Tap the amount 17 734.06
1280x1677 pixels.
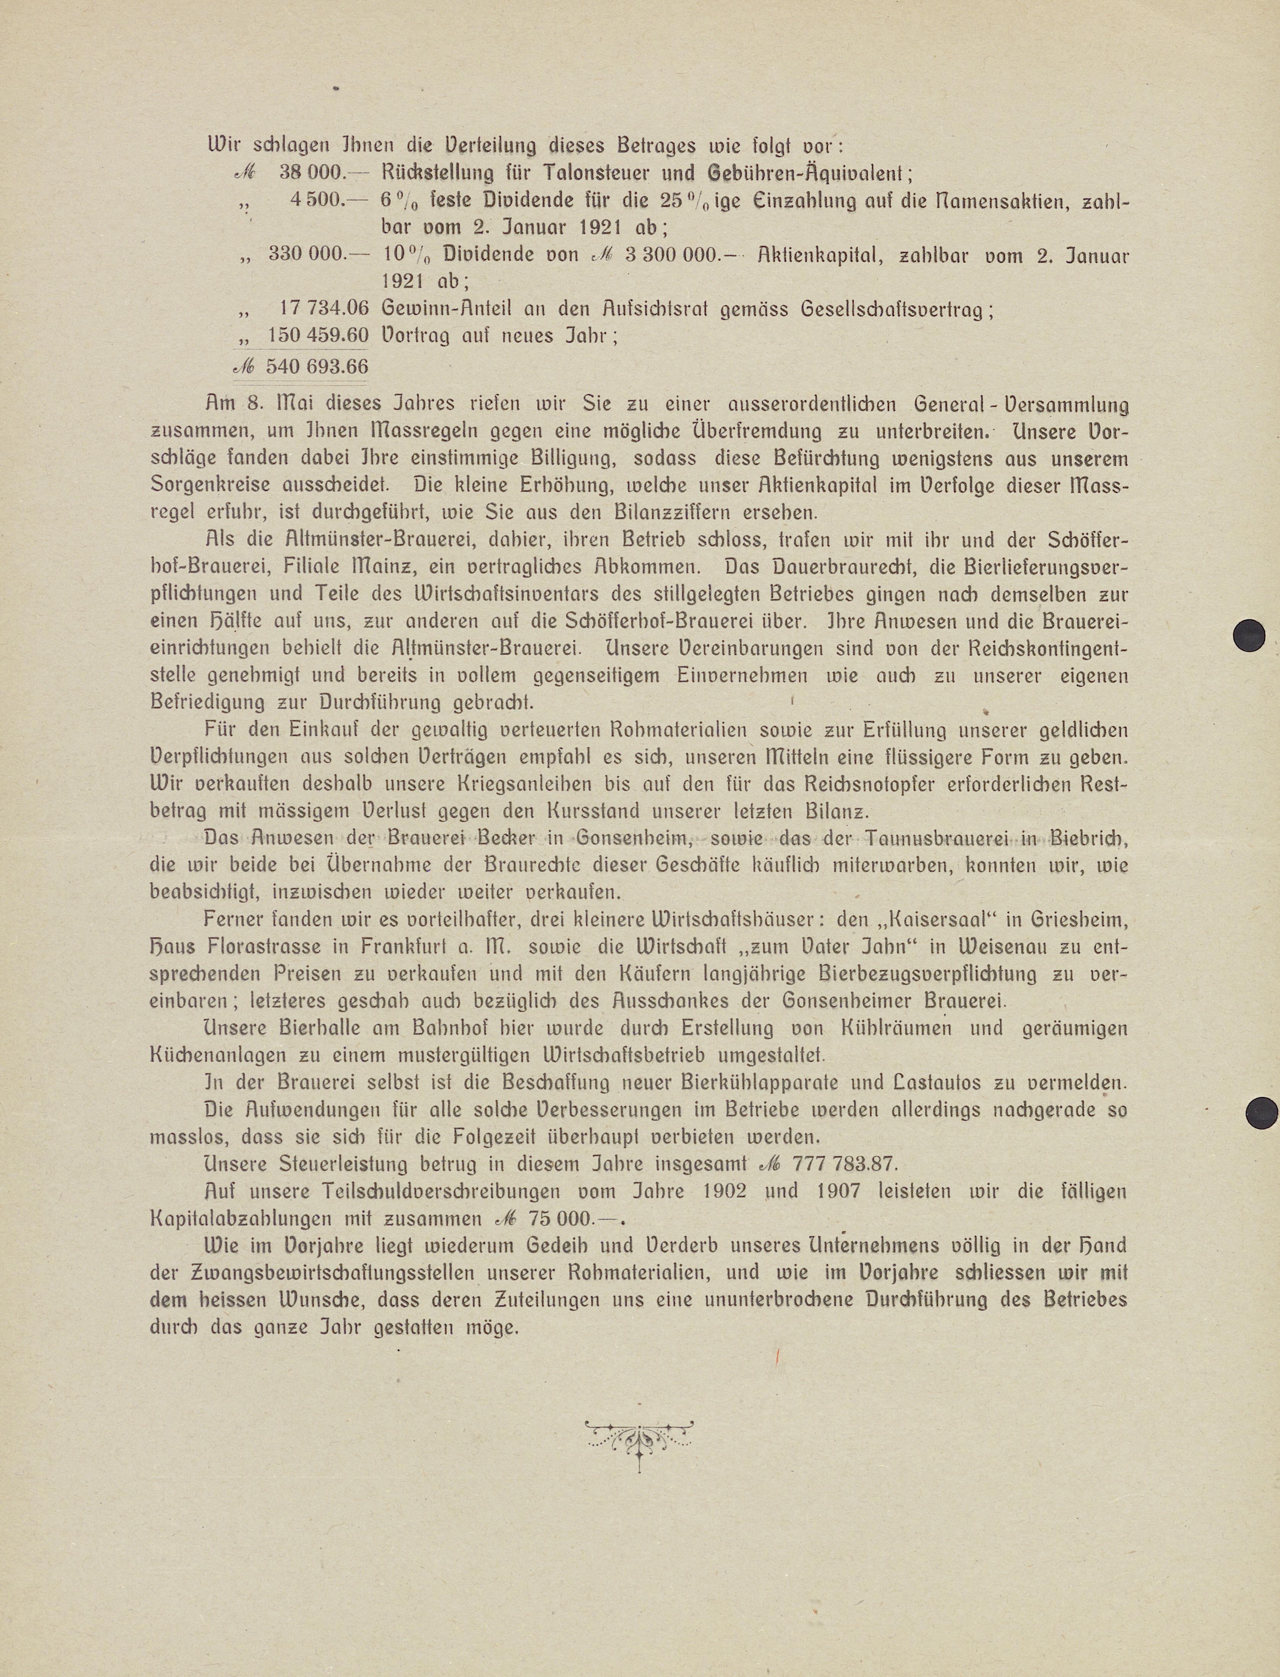coord(325,309)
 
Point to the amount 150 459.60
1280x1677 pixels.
coord(319,335)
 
